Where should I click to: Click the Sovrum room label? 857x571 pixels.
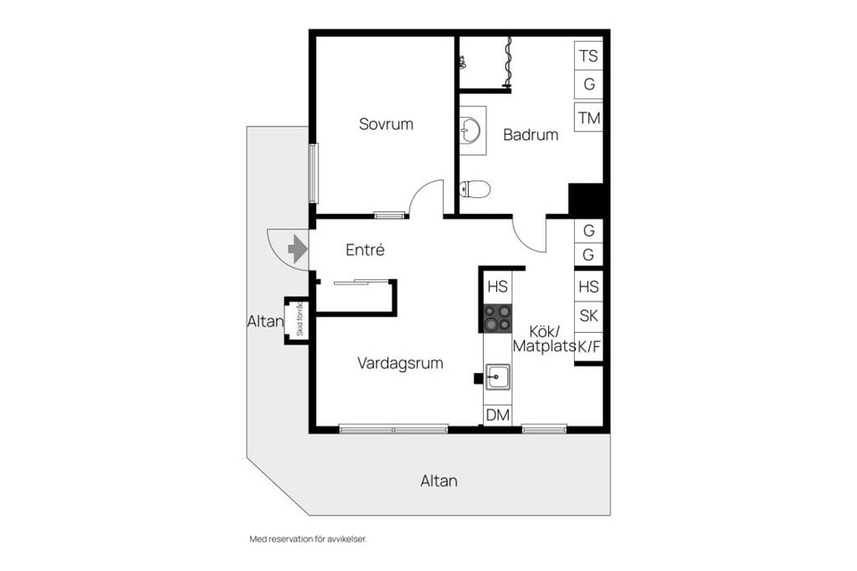(x=386, y=124)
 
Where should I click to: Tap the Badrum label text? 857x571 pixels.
(x=530, y=135)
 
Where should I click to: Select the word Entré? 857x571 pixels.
(x=365, y=250)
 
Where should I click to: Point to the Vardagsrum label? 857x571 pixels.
(x=400, y=363)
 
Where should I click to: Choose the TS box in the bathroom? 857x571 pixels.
(x=588, y=56)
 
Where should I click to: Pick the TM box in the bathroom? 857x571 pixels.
(x=588, y=118)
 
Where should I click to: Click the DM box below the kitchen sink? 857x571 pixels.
(x=497, y=415)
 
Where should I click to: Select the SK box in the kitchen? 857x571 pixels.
(x=588, y=315)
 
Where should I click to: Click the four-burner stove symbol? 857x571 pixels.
(x=497, y=318)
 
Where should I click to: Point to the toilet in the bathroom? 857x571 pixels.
(x=475, y=188)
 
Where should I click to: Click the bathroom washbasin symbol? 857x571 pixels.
(x=471, y=130)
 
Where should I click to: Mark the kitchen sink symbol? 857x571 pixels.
(x=497, y=378)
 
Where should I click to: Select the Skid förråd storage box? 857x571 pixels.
(x=296, y=319)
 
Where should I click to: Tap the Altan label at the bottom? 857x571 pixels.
(x=438, y=481)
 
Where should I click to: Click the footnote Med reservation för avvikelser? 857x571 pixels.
(x=308, y=539)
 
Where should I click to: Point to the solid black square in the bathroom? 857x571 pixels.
(x=587, y=197)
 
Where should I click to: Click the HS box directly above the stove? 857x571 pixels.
(x=497, y=286)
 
